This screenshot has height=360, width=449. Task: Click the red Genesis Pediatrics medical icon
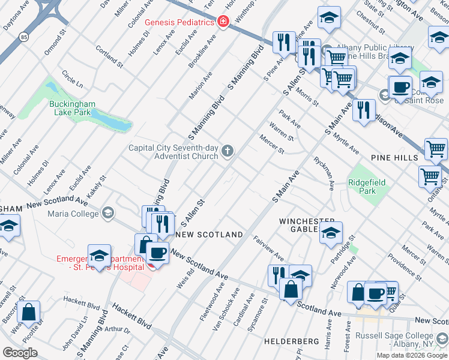223,22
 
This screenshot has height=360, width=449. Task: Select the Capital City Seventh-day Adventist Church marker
227,151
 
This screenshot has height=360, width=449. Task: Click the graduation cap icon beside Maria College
108,212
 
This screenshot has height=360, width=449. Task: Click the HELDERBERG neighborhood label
291,341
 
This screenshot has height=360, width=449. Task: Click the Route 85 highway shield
22,37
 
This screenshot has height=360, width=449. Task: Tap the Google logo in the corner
20,352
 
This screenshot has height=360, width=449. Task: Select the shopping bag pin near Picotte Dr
28,312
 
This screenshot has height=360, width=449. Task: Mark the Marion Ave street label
200,86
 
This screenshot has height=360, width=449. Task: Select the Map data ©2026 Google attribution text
411,355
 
